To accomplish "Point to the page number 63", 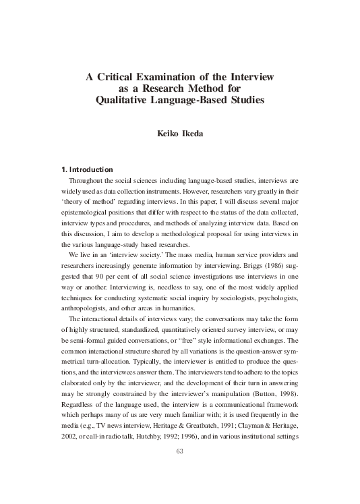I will pos(179,470).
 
